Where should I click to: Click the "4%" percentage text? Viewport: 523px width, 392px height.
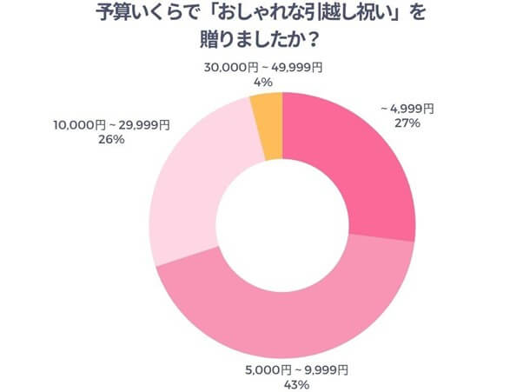263,82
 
